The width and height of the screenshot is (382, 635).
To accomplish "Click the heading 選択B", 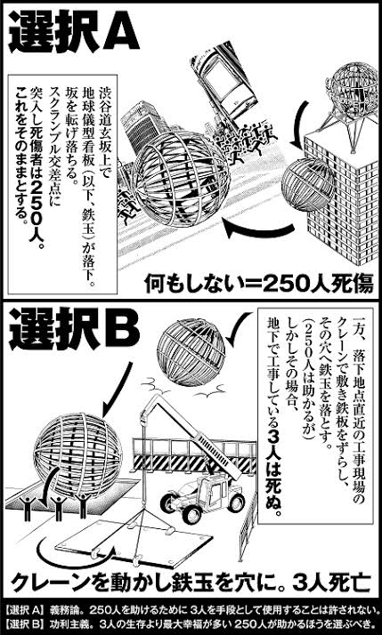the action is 74,329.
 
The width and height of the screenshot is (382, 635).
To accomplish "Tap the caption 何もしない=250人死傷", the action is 259,285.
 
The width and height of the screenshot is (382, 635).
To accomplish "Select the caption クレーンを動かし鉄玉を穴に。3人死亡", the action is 191,583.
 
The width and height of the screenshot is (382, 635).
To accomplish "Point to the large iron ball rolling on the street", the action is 181,179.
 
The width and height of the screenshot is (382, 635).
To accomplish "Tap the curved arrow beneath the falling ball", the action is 259,230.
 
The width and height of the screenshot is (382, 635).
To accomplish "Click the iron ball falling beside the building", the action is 307,184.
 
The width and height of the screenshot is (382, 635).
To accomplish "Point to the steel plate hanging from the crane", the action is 134,543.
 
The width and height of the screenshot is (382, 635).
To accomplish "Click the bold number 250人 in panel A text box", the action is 34,211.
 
